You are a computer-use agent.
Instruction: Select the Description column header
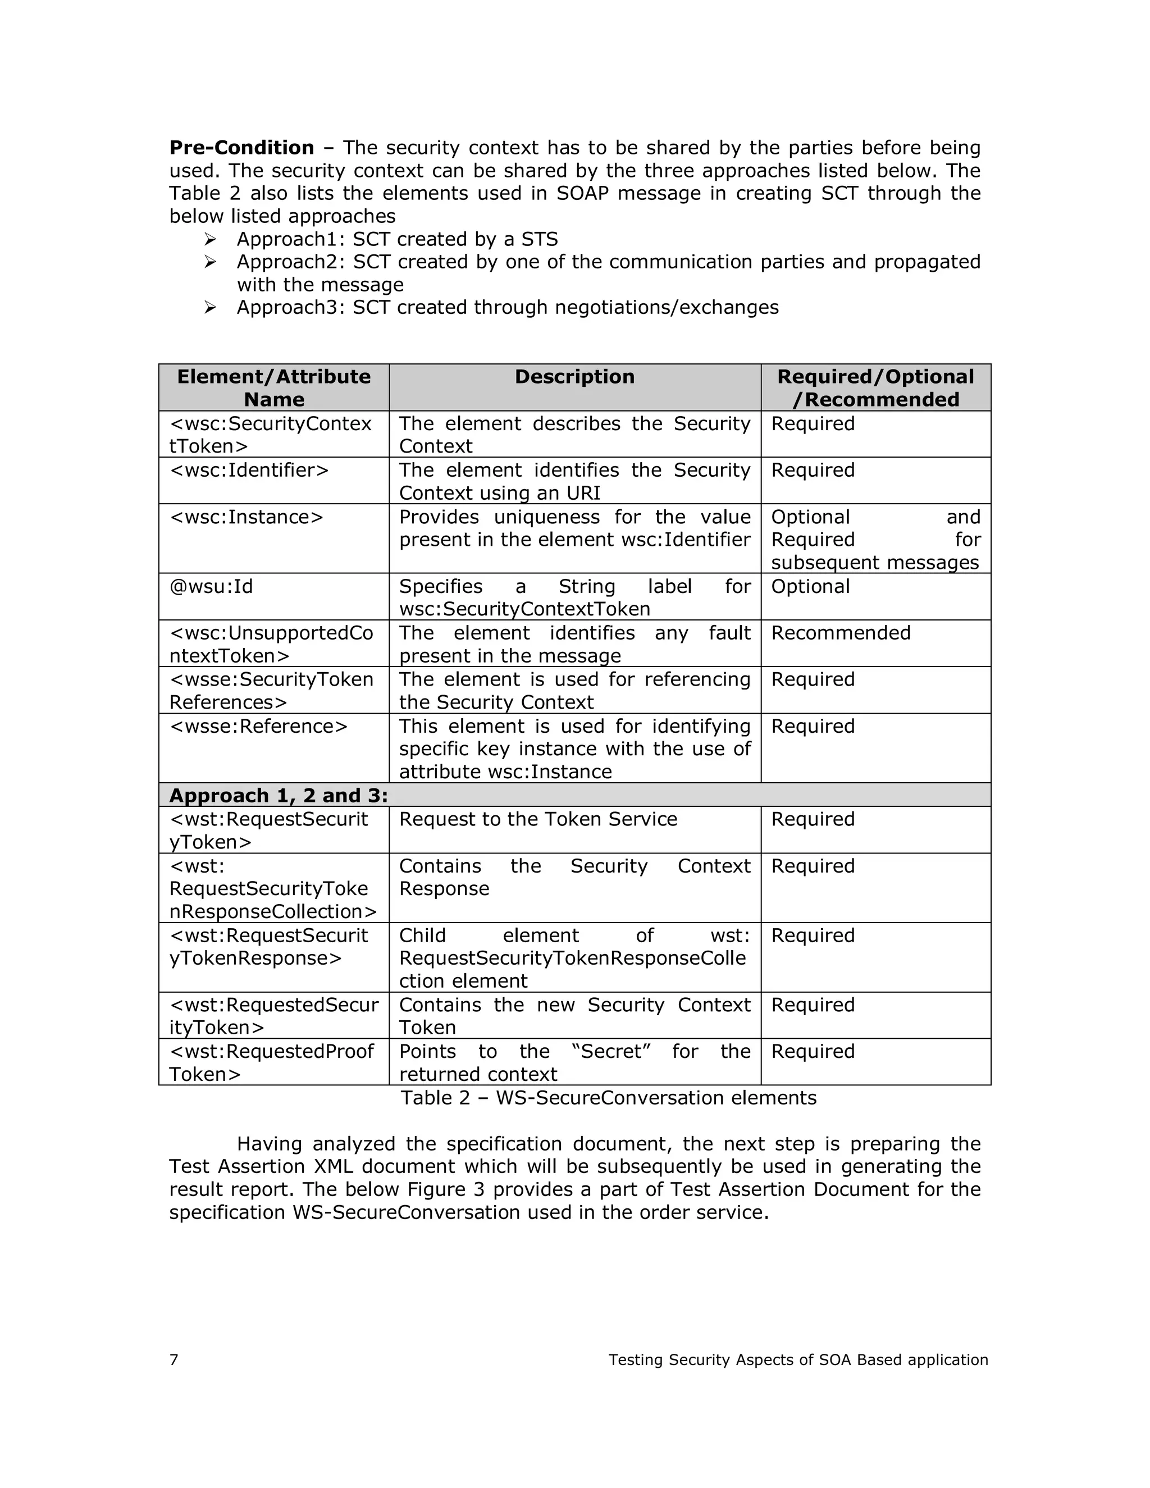point(574,377)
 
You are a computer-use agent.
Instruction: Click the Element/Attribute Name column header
point(274,387)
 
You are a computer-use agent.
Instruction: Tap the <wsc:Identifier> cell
point(249,470)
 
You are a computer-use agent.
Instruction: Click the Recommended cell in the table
point(840,633)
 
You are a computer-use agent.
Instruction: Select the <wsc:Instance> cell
point(247,517)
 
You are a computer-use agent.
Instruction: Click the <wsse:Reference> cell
point(259,726)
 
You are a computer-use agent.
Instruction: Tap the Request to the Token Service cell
point(538,819)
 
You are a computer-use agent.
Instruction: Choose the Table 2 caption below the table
point(608,1098)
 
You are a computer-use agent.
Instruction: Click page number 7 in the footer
point(174,1360)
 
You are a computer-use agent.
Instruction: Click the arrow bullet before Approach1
point(210,239)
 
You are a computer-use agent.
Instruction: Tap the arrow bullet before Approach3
point(210,308)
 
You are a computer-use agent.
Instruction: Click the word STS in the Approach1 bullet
point(540,239)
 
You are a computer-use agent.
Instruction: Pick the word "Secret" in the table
point(610,1051)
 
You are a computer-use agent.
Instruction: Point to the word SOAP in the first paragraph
point(581,194)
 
